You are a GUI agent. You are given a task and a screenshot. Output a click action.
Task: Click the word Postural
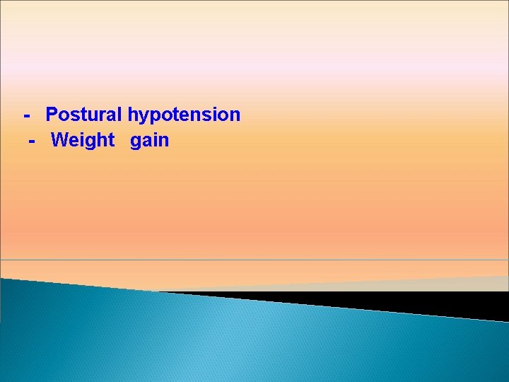coord(84,115)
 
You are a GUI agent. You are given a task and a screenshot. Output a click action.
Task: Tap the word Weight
coord(82,140)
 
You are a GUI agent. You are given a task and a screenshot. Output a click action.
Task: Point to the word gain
coord(149,141)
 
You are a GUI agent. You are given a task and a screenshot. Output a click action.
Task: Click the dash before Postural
coord(27,115)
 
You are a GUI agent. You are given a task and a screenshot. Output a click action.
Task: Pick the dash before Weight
coord(32,140)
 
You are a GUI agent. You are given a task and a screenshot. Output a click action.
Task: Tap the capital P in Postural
coord(52,115)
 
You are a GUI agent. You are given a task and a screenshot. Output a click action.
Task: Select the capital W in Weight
coord(59,140)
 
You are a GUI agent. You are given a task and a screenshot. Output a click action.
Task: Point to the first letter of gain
coord(136,141)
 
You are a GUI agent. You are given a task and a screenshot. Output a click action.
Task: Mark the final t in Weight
coord(111,140)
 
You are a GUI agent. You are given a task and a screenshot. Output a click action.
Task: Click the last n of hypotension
coord(235,115)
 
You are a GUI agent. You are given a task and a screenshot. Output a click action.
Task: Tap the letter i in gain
coord(157,139)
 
